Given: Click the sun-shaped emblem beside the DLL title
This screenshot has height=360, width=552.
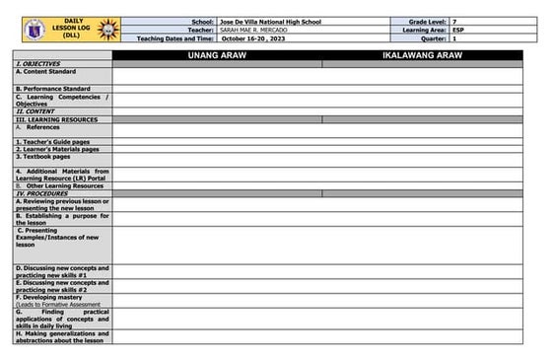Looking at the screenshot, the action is click(x=106, y=29).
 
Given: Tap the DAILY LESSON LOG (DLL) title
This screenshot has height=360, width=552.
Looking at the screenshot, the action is click(x=69, y=29).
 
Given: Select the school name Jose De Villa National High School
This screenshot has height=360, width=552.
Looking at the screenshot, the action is click(x=271, y=21).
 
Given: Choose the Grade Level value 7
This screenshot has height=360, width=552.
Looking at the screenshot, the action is click(x=453, y=21).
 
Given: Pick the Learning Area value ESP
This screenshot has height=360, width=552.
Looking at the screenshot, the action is click(x=457, y=30).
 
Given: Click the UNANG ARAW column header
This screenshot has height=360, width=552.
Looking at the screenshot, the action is click(x=217, y=55).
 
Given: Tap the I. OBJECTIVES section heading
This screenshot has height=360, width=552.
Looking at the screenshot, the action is click(x=38, y=63).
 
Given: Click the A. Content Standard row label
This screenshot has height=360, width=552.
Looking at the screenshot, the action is click(x=46, y=71).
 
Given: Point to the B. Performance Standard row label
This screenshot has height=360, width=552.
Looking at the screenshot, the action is click(x=53, y=89).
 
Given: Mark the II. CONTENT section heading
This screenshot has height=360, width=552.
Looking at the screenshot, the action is click(x=35, y=111).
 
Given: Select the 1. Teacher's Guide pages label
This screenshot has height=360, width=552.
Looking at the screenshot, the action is click(x=52, y=142).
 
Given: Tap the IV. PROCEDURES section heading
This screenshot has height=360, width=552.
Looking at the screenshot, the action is click(x=41, y=193).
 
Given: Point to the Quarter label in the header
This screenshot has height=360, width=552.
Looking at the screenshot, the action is click(x=431, y=38).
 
